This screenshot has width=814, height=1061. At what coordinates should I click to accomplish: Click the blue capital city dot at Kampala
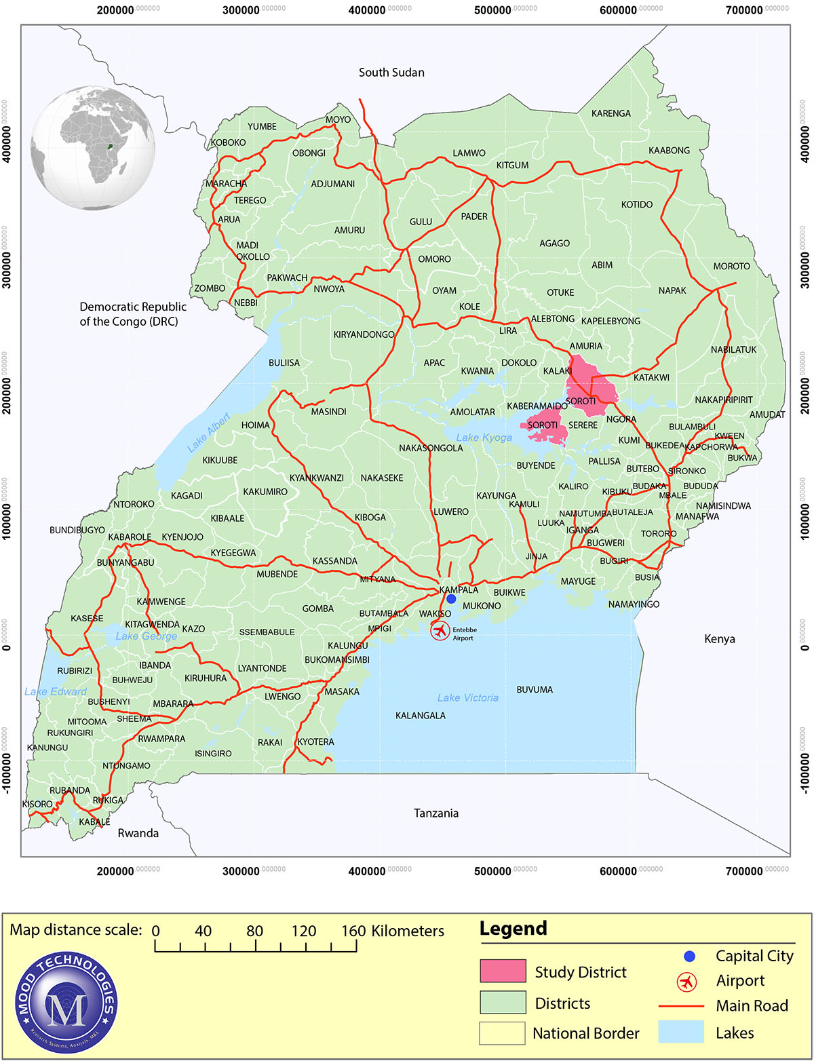click(x=451, y=598)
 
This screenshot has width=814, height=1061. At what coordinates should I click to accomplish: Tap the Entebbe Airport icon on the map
click(x=440, y=632)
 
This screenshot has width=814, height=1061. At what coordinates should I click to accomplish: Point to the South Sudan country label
click(x=391, y=73)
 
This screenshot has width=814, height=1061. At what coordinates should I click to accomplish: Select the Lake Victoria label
click(x=467, y=697)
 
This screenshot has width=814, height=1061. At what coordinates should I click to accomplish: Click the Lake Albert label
click(x=209, y=433)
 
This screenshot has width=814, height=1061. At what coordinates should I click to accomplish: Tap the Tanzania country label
click(x=435, y=813)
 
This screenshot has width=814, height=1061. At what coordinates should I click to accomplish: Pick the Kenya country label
click(x=719, y=638)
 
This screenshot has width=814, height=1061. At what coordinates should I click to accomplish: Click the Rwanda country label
click(x=138, y=833)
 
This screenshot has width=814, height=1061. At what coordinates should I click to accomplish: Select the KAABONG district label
click(x=669, y=151)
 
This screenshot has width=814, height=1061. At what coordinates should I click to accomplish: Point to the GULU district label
click(x=421, y=222)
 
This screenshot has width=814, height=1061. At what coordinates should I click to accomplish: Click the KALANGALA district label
click(x=421, y=715)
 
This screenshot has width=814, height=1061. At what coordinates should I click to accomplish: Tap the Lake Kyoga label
click(x=484, y=438)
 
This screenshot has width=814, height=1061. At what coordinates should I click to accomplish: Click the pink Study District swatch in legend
click(x=503, y=971)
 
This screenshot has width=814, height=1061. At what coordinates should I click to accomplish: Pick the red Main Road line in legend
click(x=681, y=1006)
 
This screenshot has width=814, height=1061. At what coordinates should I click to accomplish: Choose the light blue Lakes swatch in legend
click(x=681, y=1033)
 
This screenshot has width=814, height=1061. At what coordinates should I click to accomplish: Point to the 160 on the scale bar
click(x=353, y=931)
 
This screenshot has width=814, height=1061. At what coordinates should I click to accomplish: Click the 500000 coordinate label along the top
click(x=492, y=10)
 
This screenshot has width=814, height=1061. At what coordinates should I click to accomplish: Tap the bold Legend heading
click(x=513, y=928)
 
